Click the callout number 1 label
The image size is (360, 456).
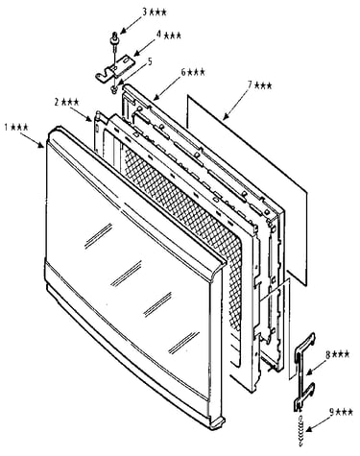(x=16, y=127)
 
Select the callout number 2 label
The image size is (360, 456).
(x=66, y=102)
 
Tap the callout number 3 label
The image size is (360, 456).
(x=155, y=12)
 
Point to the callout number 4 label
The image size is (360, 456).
(x=168, y=35)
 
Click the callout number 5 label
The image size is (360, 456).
(x=150, y=61)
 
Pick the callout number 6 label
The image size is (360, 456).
(x=193, y=72)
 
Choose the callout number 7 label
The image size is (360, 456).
(x=260, y=85)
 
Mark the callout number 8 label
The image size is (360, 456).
(x=337, y=354)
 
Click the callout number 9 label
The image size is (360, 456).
(x=342, y=412)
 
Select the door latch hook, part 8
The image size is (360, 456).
(x=303, y=372)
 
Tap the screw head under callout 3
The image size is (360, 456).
(x=114, y=36)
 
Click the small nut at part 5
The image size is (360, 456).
(x=113, y=89)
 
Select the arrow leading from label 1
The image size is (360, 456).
(x=32, y=140)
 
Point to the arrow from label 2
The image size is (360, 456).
(x=81, y=114)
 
